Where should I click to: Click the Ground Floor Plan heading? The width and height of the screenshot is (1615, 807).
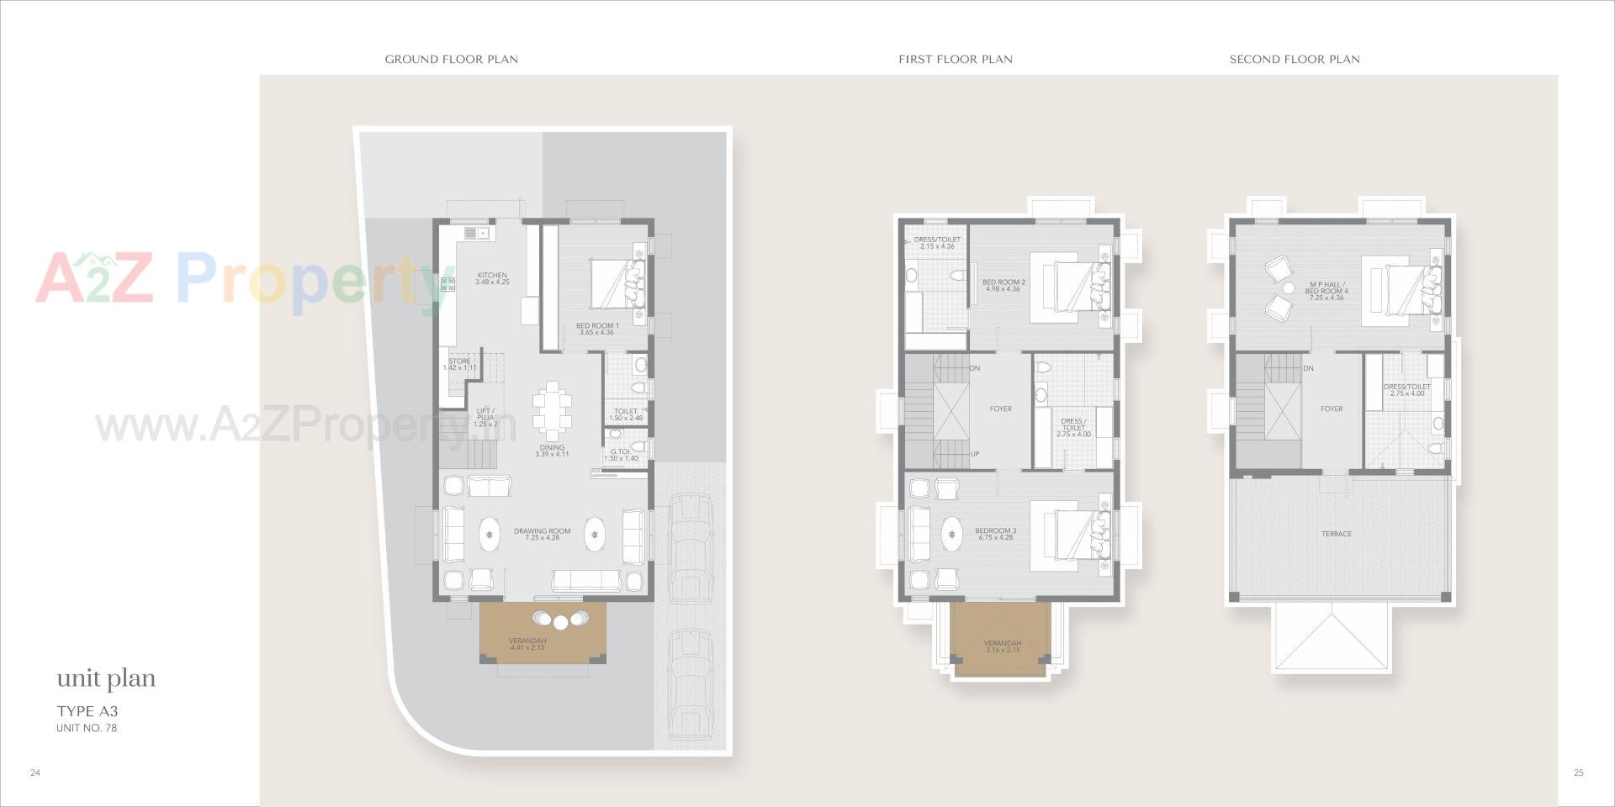[451, 59]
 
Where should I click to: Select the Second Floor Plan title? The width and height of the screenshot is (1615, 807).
[1294, 59]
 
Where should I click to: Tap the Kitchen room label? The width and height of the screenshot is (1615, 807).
[492, 278]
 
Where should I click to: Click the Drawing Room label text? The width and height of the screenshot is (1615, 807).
[542, 534]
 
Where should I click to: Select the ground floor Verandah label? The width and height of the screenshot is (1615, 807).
[527, 644]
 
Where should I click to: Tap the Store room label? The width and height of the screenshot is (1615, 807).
[459, 364]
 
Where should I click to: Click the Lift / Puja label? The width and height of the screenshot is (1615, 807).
[485, 417]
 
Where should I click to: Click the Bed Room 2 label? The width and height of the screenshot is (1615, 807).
[1003, 285]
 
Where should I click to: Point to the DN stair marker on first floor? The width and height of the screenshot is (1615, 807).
[975, 368]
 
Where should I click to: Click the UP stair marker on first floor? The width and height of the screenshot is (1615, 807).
[975, 454]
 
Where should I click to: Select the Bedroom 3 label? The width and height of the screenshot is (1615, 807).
[995, 534]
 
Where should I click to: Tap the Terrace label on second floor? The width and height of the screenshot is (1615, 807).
[1336, 534]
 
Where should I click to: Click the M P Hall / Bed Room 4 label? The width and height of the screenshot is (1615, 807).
[1326, 291]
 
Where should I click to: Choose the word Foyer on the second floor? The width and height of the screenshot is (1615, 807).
[1332, 409]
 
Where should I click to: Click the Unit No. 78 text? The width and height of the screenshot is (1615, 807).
[87, 728]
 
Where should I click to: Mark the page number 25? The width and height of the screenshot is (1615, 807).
[1578, 773]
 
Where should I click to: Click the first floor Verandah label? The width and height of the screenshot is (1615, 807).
[1002, 646]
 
